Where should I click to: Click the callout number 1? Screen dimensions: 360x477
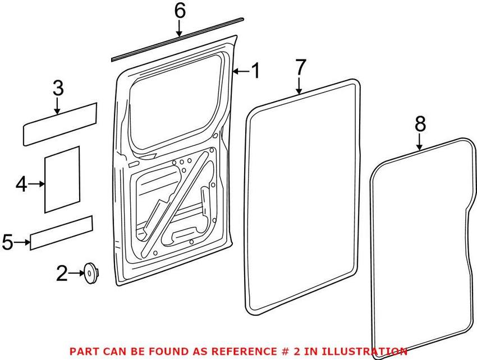click(x=255, y=72)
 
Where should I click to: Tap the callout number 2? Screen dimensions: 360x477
click(x=61, y=274)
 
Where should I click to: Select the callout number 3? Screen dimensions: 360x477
click(x=58, y=89)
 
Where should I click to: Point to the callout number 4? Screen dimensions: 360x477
click(x=21, y=183)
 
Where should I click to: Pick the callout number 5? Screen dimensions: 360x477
click(x=7, y=242)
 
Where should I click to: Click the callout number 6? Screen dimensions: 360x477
click(x=179, y=11)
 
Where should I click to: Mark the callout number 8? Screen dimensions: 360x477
click(x=420, y=124)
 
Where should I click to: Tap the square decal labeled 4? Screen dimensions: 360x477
click(x=62, y=179)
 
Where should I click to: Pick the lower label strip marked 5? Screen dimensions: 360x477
click(x=61, y=232)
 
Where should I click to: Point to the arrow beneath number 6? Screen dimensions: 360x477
click(x=179, y=28)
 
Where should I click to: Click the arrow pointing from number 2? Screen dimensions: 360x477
click(x=76, y=274)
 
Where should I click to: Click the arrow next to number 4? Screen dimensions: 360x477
click(x=37, y=183)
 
